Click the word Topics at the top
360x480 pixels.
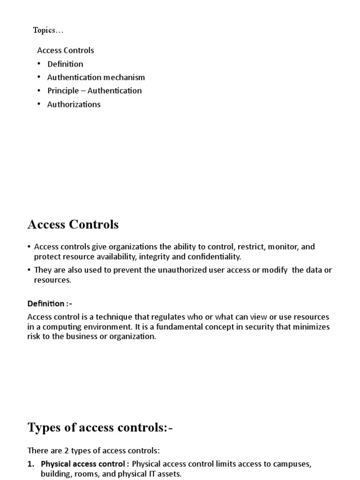45,30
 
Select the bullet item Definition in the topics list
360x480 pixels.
65,64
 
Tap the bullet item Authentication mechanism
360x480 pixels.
96,77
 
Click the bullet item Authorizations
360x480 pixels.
74,105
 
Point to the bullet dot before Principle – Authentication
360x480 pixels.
40,90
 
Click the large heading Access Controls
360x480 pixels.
73,225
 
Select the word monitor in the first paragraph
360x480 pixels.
281,247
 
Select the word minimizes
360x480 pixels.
312,327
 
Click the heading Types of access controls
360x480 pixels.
100,427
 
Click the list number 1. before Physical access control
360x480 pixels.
31,464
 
